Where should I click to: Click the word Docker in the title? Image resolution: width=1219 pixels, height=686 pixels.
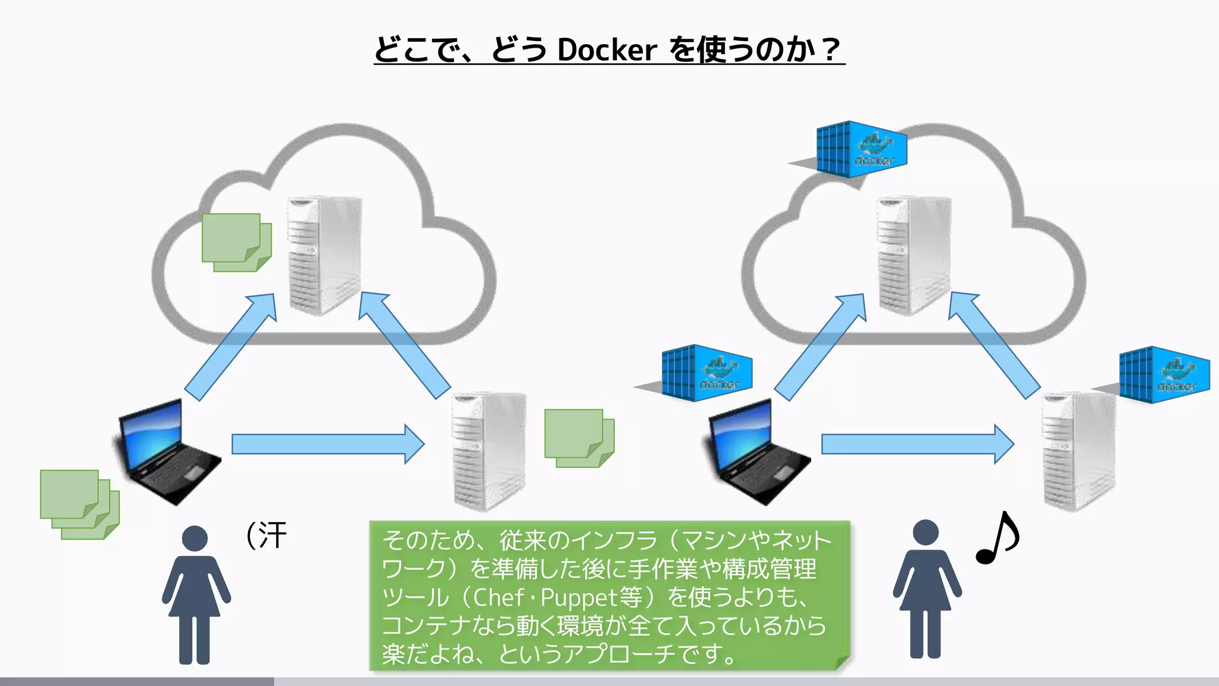[x=607, y=49]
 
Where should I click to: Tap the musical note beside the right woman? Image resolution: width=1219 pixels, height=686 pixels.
[x=998, y=538]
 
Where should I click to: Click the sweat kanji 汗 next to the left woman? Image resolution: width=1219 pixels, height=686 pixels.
[x=273, y=535]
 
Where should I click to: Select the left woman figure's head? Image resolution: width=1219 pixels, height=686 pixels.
[x=195, y=538]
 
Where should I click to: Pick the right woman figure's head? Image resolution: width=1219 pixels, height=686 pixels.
[x=926, y=532]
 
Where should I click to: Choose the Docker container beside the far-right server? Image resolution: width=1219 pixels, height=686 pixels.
[x=1164, y=375]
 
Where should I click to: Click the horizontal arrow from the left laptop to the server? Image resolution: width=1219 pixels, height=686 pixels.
[x=327, y=444]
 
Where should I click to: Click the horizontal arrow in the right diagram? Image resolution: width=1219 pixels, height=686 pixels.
[x=917, y=444]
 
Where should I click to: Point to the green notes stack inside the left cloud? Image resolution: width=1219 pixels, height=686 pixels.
[x=236, y=242]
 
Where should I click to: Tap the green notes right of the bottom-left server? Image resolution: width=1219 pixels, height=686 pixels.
[x=579, y=438]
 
